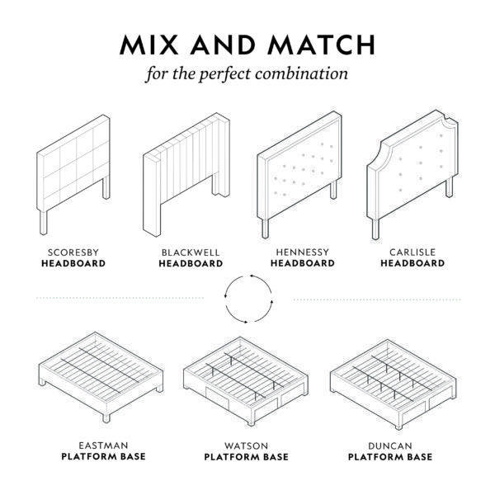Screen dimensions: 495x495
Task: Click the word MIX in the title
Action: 149,45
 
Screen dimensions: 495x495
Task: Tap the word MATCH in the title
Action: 322,45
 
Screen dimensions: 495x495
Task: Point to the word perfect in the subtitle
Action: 224,74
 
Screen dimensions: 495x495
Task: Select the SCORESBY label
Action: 73,252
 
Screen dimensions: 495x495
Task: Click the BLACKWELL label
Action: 191,252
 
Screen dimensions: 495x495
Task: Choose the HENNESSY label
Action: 303,252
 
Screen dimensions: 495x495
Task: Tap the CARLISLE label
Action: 412,252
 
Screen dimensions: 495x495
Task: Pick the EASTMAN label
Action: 104,445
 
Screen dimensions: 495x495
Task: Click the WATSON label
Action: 246,445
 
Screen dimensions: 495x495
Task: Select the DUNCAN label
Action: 390,445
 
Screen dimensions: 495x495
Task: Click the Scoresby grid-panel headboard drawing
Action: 73,175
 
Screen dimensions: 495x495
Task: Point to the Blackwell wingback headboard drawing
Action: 186,175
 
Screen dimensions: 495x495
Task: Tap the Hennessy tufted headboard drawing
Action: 299,175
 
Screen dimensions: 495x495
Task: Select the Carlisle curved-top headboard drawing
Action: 412,175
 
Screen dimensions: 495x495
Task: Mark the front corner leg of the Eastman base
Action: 106,417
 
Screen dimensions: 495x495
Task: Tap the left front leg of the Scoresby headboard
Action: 44,223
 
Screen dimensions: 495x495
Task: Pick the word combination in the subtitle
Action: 301,74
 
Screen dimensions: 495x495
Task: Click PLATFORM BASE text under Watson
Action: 246,457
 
